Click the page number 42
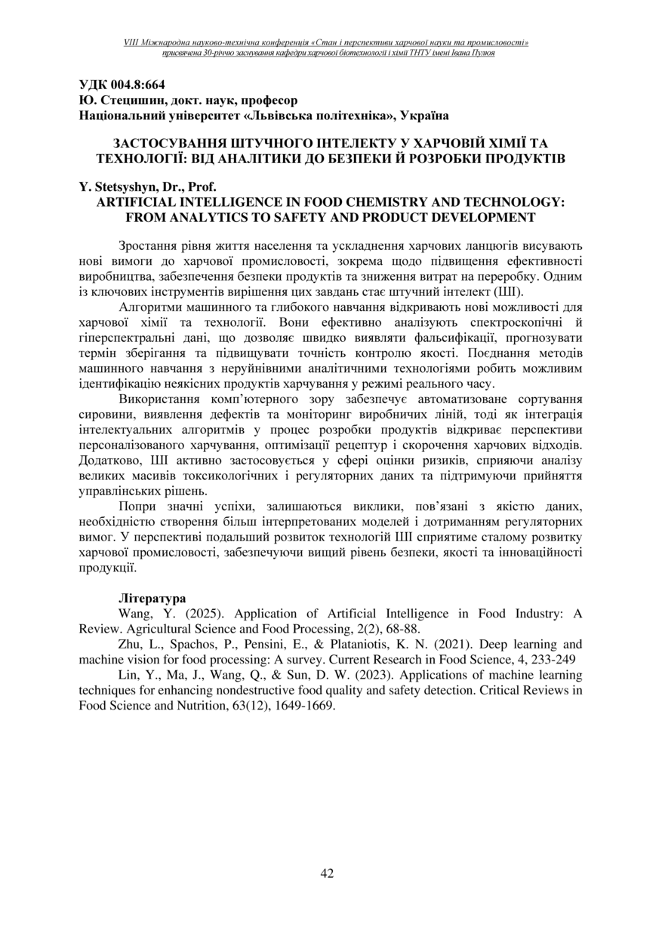click(x=327, y=873)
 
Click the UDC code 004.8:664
click(x=139, y=85)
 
